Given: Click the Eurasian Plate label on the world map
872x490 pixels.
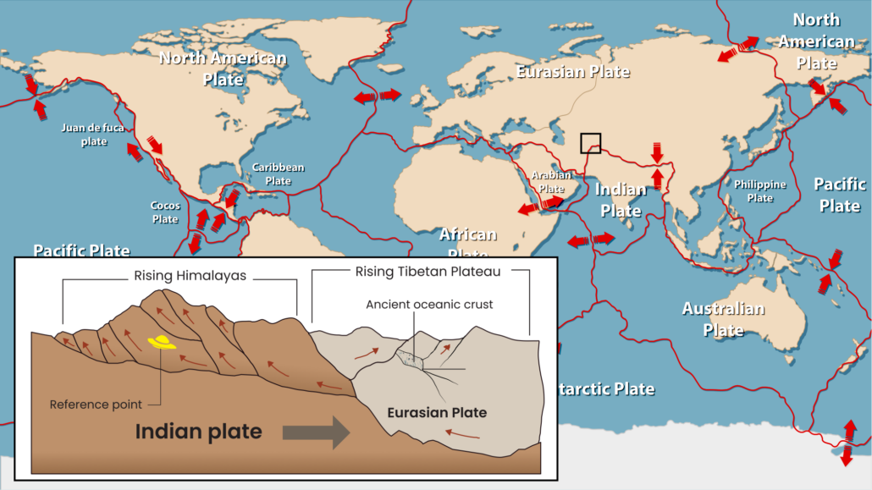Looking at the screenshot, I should tap(573, 71).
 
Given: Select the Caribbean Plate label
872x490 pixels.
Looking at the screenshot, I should tap(278, 173).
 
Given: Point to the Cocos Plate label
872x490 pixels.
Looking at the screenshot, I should tap(165, 212).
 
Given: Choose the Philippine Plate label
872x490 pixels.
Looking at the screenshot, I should tap(759, 190).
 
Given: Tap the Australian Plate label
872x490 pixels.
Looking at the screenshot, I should tap(723, 319).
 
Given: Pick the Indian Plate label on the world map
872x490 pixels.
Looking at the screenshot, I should tap(620, 198).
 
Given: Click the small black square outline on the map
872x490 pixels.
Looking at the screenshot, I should tap(590, 143).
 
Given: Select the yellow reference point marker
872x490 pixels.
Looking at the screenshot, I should tap(161, 342).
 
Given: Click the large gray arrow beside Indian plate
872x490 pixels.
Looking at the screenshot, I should tap(316, 432).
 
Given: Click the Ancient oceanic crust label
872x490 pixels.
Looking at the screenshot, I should tap(429, 304).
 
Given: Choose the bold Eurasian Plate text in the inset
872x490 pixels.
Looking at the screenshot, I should tap(437, 413).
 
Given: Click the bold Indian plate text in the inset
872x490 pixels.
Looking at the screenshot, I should tap(198, 432).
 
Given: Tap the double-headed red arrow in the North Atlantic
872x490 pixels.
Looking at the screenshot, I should tap(377, 96).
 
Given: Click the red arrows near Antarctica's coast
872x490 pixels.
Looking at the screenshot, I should tap(847, 443).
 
